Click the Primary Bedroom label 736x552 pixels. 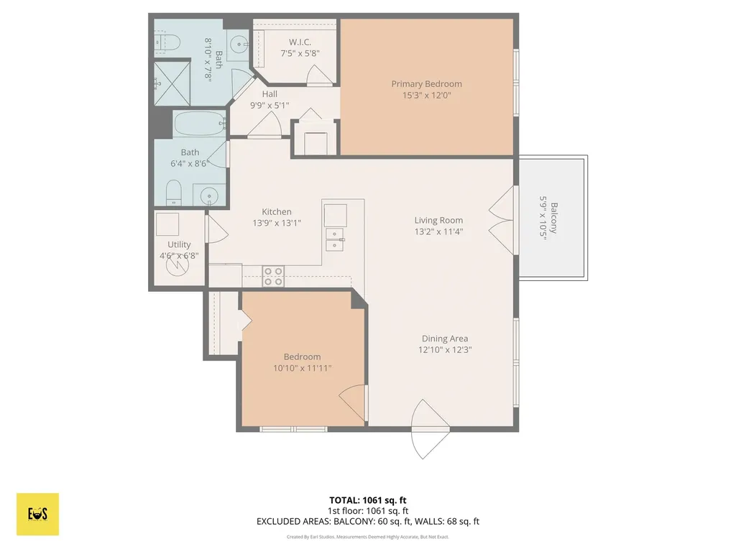(x=427, y=84)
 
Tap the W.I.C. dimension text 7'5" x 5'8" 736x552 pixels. (x=300, y=53)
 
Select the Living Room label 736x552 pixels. (x=438, y=220)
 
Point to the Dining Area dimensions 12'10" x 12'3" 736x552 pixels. (x=445, y=350)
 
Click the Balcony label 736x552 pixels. (x=554, y=218)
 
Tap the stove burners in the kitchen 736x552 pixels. (x=273, y=277)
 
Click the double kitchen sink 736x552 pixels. (x=335, y=239)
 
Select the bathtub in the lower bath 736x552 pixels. (x=200, y=124)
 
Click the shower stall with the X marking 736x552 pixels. (x=172, y=83)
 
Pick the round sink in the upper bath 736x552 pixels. (x=240, y=45)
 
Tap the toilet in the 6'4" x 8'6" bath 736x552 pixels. (x=174, y=193)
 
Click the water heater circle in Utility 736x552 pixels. (x=178, y=265)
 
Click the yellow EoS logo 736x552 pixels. (x=37, y=514)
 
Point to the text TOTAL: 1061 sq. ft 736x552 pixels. (x=367, y=500)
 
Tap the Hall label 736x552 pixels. (x=270, y=94)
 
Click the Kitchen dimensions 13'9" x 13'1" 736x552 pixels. (x=277, y=224)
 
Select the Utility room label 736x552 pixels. (x=179, y=244)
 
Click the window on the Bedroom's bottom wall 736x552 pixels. (x=293, y=429)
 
